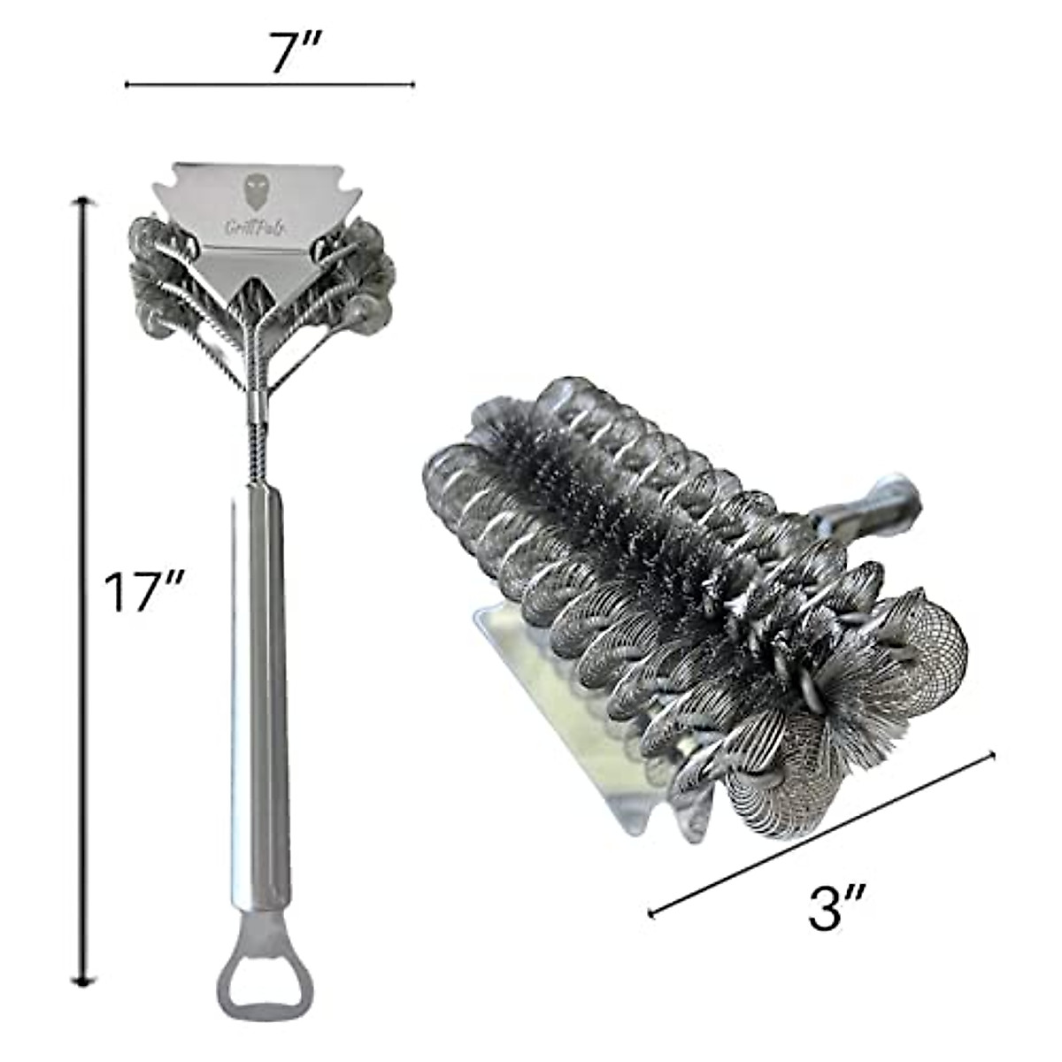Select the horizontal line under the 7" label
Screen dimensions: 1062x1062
pos(270,85)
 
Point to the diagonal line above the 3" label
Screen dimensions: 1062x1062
pos(823,832)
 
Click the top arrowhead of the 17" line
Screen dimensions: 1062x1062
pos(84,204)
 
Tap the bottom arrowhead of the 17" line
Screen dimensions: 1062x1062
pos(84,977)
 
